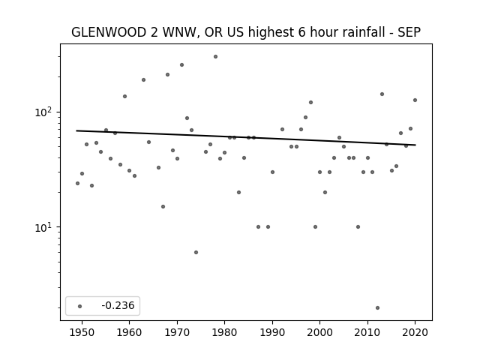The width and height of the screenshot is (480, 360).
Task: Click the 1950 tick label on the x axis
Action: [82, 332]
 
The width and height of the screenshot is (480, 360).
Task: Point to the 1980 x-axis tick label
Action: [224, 332]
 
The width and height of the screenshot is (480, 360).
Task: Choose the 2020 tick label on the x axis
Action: [415, 332]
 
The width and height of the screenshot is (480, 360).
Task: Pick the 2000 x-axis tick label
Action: [319, 332]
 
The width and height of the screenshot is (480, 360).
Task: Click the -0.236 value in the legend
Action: [118, 305]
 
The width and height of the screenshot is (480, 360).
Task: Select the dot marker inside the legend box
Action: [80, 306]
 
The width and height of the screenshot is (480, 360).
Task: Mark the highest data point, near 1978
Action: [215, 57]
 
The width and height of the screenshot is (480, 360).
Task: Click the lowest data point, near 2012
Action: [377, 308]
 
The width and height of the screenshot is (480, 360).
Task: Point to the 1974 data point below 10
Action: [196, 252]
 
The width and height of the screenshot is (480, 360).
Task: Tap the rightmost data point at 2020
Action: [415, 100]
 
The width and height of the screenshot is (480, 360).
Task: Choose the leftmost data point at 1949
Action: [77, 183]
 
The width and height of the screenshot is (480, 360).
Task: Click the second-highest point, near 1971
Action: [181, 65]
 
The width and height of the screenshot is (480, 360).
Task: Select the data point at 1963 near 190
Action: [143, 80]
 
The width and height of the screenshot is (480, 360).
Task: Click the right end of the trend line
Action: [415, 145]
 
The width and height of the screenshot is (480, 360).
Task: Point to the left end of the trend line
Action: [76, 130]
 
